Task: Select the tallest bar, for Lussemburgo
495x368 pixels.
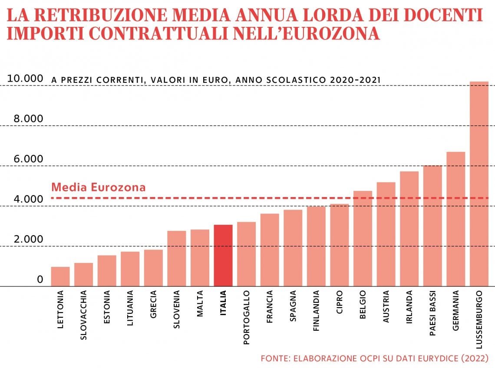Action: click(x=479, y=184)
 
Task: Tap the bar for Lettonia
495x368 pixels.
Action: click(x=60, y=276)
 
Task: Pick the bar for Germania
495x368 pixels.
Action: click(x=455, y=219)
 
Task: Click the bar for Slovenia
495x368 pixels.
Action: click(x=177, y=258)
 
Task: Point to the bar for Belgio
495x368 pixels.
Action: click(x=363, y=239)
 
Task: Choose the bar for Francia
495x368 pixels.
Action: click(x=270, y=250)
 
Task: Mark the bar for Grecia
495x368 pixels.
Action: click(x=153, y=268)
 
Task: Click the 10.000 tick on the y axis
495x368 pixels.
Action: click(x=25, y=79)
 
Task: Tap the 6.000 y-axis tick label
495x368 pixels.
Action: click(x=25, y=159)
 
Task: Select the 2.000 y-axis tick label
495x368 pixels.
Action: click(x=25, y=240)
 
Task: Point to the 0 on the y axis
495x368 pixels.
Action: click(x=40, y=279)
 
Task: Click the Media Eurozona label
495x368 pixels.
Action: click(x=99, y=187)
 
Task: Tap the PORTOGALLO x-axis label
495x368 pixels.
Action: click(x=247, y=318)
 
